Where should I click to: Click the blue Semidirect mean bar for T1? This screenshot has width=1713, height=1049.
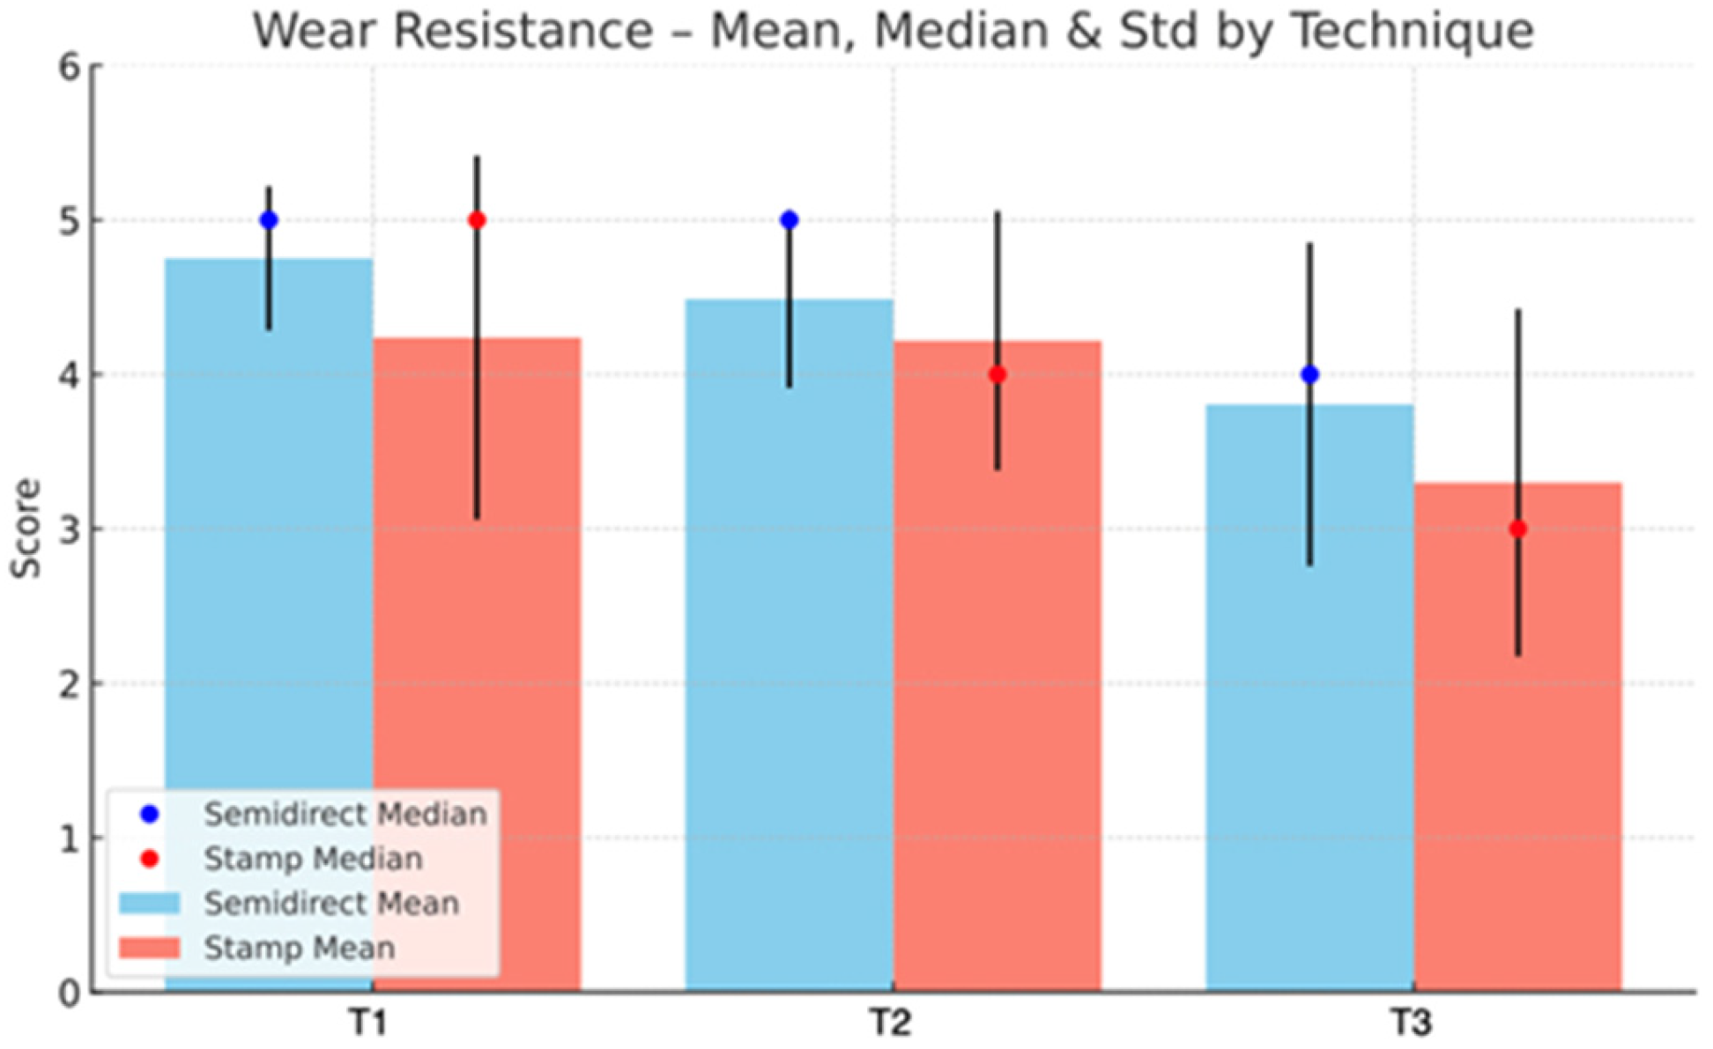[269, 624]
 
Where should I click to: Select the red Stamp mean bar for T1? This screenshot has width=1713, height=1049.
[477, 664]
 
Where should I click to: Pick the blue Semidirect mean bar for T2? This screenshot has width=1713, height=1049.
[790, 645]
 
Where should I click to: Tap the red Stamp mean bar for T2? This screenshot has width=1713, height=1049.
[997, 666]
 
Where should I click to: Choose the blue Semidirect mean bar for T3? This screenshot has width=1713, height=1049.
[1309, 698]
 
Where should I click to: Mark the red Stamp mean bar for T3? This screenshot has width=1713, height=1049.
[1518, 737]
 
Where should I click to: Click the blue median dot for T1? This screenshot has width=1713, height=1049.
[269, 220]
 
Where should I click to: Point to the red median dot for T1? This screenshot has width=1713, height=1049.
[477, 220]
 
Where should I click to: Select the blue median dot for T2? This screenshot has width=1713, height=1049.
[790, 220]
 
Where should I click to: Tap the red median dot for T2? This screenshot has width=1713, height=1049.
[997, 374]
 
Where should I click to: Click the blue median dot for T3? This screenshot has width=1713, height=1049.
[1310, 374]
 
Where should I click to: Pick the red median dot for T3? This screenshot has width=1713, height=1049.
[1518, 529]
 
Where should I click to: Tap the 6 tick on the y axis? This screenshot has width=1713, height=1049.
[70, 67]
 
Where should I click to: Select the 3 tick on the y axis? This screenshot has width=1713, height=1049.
[70, 529]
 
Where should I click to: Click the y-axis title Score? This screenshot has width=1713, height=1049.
[26, 528]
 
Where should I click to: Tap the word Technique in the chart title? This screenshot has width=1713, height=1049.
[1413, 32]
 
